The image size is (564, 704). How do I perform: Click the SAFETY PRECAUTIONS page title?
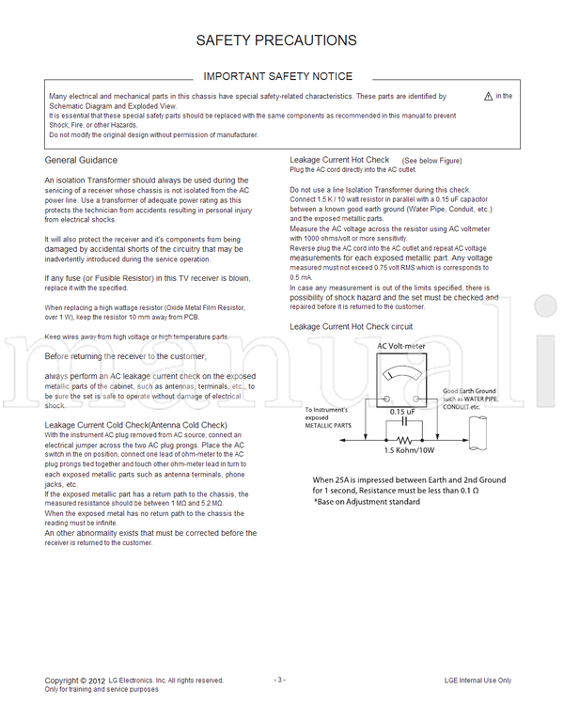pyautogui.click(x=275, y=40)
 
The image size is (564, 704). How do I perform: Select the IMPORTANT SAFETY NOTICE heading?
pyautogui.click(x=278, y=76)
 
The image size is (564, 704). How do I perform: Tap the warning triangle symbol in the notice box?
pyautogui.click(x=488, y=96)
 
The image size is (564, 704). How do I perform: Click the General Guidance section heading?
pyautogui.click(x=81, y=161)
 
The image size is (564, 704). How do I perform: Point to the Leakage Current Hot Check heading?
pyautogui.click(x=339, y=161)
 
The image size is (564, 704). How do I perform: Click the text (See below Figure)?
pyautogui.click(x=431, y=161)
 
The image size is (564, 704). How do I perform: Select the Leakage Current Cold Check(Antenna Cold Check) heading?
pyautogui.click(x=135, y=425)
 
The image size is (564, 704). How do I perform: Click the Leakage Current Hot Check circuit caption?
pyautogui.click(x=351, y=326)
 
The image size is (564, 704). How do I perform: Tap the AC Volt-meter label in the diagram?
pyautogui.click(x=401, y=346)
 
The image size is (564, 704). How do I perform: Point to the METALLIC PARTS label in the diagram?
pyautogui.click(x=327, y=426)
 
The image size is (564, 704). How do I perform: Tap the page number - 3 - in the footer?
pyautogui.click(x=279, y=680)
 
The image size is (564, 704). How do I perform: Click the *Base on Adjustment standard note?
pyautogui.click(x=367, y=502)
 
